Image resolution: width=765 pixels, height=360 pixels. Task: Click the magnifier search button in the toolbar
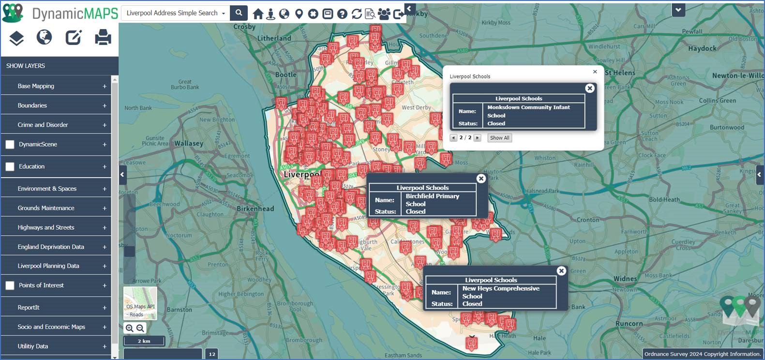tap(239, 13)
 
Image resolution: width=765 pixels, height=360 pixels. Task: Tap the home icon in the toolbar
tap(258, 14)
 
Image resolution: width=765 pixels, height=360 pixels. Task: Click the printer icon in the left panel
tap(103, 37)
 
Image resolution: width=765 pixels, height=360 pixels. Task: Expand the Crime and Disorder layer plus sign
tap(105, 125)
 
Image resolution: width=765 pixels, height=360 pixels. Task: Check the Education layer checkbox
tap(10, 166)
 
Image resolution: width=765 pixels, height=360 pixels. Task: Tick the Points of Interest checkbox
tap(10, 285)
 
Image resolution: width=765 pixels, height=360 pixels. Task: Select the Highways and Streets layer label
tap(46, 227)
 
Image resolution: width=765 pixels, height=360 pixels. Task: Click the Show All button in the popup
tap(499, 138)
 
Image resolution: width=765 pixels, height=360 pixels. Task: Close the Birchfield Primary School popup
tap(481, 179)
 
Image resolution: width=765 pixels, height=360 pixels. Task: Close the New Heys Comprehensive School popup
tap(561, 271)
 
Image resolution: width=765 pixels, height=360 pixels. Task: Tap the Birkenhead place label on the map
tap(255, 209)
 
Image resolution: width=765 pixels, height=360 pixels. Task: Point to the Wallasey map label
tap(189, 143)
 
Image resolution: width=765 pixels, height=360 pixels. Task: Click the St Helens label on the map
tap(620, 73)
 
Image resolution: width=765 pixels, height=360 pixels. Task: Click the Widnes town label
tap(625, 279)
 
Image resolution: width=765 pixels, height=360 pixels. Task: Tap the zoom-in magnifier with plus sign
tap(129, 328)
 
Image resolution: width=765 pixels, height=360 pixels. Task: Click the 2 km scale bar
tap(144, 341)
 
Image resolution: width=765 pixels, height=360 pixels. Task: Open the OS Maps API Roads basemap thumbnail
tap(140, 303)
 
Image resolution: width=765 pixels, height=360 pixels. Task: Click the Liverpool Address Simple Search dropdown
tap(176, 13)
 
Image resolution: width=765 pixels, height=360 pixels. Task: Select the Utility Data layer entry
tap(33, 346)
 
